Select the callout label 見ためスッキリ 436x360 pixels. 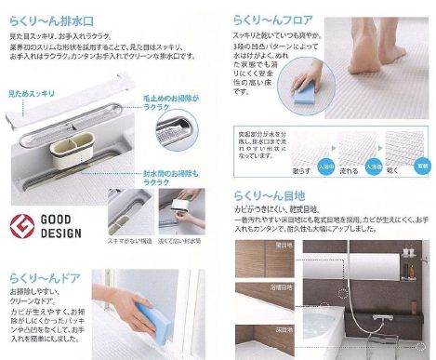pyautogui.click(x=33, y=96)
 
